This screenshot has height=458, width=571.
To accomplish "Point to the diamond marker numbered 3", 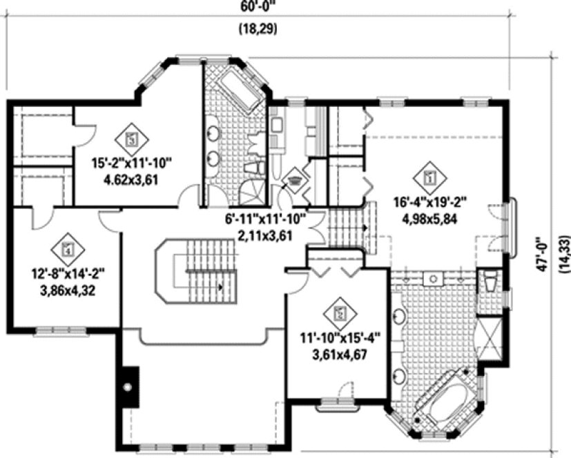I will pyautogui.click(x=131, y=138).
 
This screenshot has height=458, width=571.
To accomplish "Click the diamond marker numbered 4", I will pyautogui.click(x=67, y=246).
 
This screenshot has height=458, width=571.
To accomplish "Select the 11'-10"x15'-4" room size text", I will pyautogui.click(x=340, y=338).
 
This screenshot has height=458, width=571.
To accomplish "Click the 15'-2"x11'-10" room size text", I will pyautogui.click(x=131, y=164).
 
